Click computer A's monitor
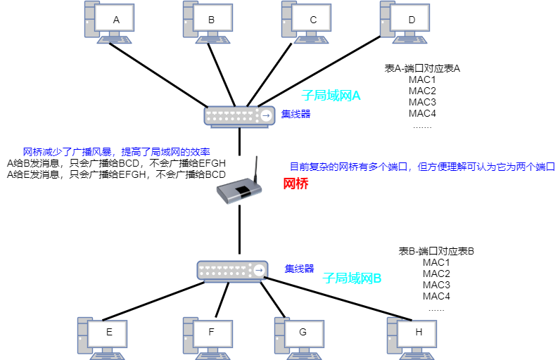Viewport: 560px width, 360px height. pyautogui.click(x=116, y=20)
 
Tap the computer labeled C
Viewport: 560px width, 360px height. pyautogui.click(x=312, y=20)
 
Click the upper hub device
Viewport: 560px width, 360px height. pyautogui.click(x=239, y=115)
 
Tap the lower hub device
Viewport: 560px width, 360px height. pyautogui.click(x=233, y=270)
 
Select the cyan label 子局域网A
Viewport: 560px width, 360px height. pyautogui.click(x=331, y=96)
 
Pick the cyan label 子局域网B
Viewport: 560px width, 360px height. pyautogui.click(x=352, y=278)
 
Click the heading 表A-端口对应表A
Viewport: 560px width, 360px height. pyautogui.click(x=422, y=68)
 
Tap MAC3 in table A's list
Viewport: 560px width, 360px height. pyautogui.click(x=422, y=102)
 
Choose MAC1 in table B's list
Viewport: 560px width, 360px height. pyautogui.click(x=436, y=262)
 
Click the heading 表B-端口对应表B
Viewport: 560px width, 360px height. pyautogui.click(x=436, y=251)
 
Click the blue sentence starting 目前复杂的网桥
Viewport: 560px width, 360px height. pyautogui.click(x=422, y=167)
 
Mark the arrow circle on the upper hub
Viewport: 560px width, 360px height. pyautogui.click(x=266, y=116)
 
